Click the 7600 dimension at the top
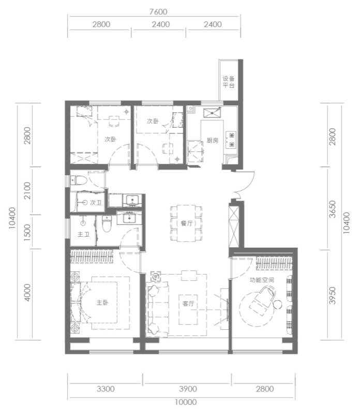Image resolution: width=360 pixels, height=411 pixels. coord(158,12)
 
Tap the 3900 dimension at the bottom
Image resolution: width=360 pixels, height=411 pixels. coord(188,389)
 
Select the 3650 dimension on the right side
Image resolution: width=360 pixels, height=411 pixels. coord(332,209)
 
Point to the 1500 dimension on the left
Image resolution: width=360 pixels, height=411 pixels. coord(27,231)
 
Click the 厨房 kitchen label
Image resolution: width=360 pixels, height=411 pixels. coord(213,141)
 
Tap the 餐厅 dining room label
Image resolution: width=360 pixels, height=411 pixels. coord(186,223)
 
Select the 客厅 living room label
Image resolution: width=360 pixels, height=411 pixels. coord(188,303)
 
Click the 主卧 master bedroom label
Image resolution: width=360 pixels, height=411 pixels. coord(102,303)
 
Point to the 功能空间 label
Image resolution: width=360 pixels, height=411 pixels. coord(262,280)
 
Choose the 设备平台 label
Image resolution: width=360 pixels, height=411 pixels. coord(229,82)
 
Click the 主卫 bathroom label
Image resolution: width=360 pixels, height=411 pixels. coord(84,234)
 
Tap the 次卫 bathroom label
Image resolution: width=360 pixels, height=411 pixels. coord(96,203)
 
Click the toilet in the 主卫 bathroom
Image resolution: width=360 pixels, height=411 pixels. coord(107,224)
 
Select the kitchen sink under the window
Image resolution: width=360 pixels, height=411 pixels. coord(212,113)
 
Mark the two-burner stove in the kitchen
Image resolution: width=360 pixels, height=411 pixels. coord(231,140)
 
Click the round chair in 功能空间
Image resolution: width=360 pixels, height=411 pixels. coord(277,305)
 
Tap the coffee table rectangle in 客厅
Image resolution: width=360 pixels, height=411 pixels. coord(188,309)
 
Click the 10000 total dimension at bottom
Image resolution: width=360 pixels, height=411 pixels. coord(186,402)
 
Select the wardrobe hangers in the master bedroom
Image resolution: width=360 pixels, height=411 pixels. coord(92,256)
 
